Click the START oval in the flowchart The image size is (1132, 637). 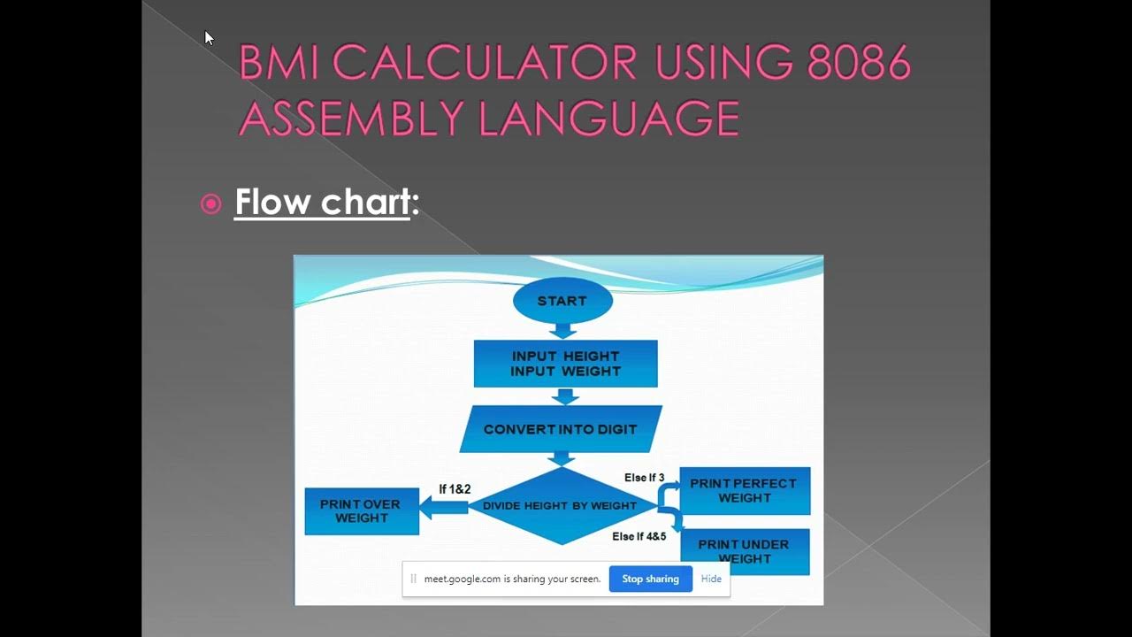coord(562,301)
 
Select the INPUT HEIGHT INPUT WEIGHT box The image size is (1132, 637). coord(565,364)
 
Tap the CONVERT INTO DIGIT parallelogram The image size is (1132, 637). coord(561,429)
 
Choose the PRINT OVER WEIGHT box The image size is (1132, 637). coord(361,511)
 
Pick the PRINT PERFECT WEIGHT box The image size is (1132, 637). coord(744,491)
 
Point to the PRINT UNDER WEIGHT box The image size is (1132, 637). coord(744,551)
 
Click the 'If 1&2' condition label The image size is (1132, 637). coord(455,489)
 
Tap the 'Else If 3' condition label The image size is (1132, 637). coord(644,478)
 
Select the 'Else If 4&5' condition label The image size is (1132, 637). coord(639,536)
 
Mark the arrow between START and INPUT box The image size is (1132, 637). coord(562,331)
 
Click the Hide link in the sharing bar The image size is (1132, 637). coord(711,579)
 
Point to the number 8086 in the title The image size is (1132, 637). coord(858,64)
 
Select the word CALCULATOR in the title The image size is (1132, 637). coord(486,64)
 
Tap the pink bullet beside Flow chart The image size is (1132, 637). coord(210,204)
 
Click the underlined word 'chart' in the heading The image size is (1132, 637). coord(364,203)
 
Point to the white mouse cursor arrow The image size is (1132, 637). coord(209,38)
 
